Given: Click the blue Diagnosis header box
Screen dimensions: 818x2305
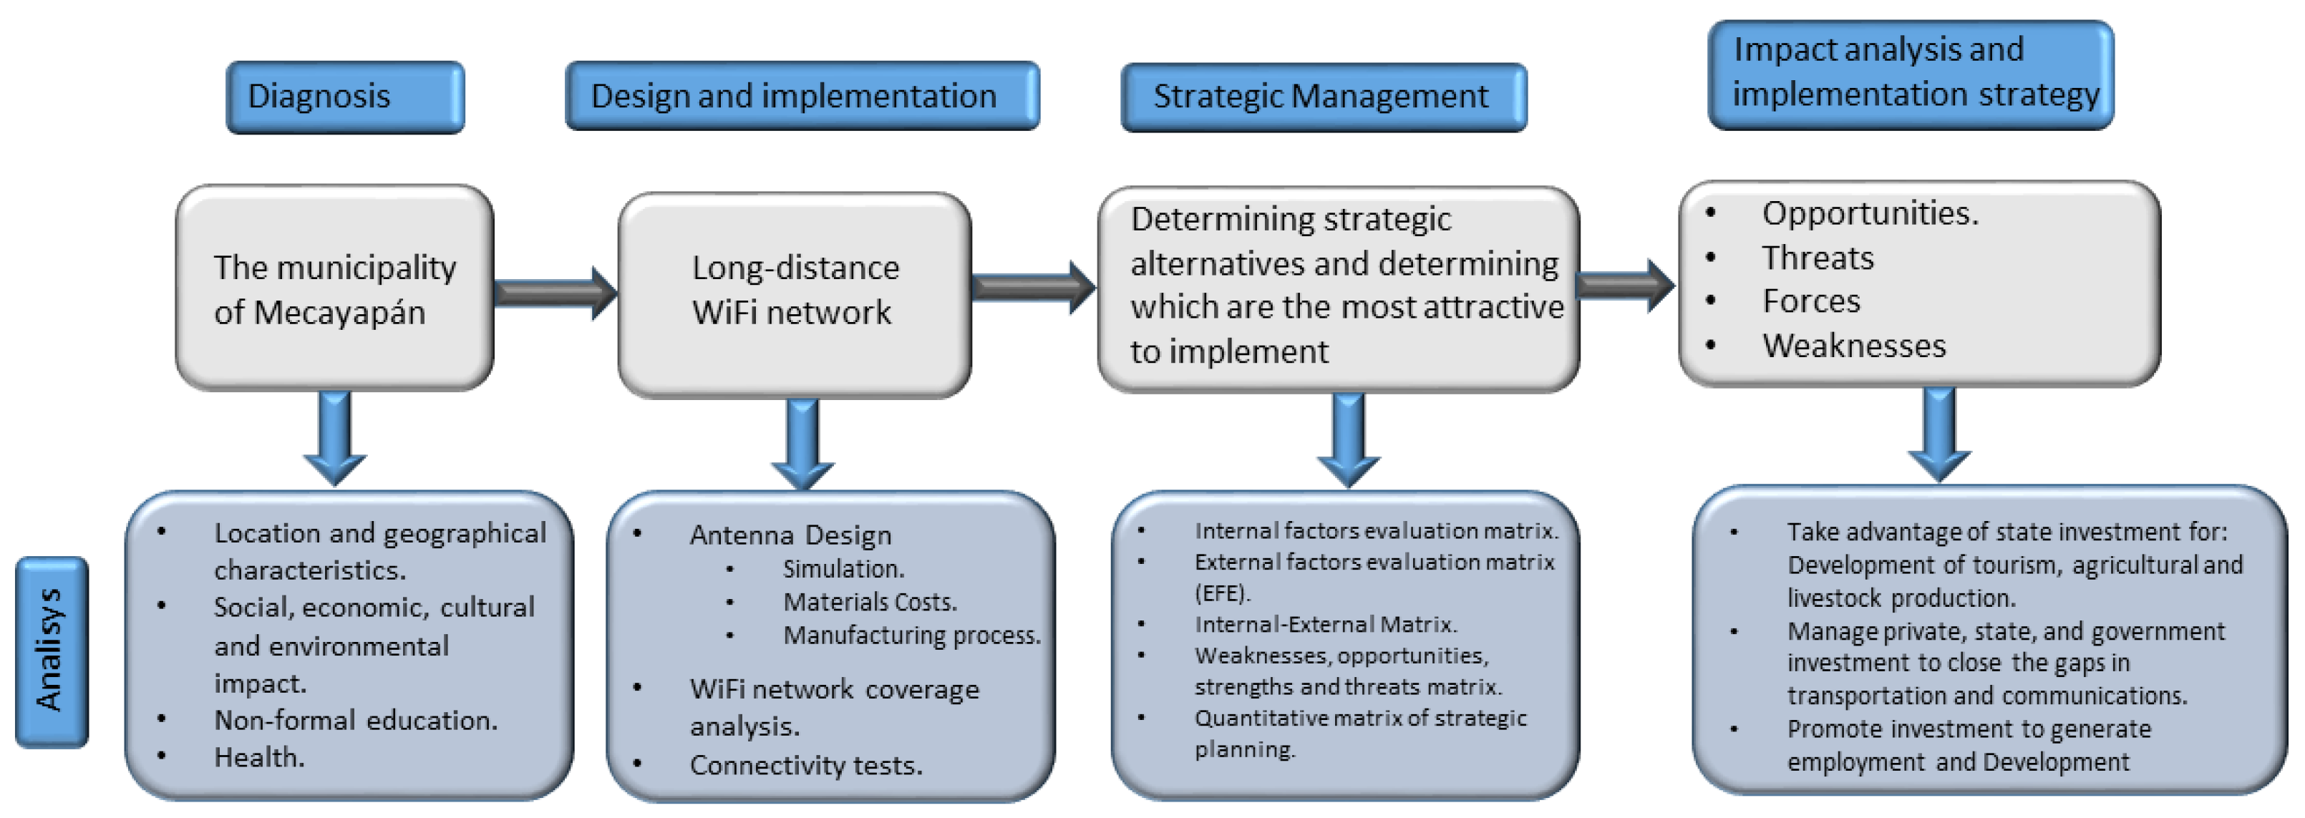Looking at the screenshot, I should (x=344, y=97).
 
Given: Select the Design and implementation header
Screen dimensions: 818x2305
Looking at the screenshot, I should (x=802, y=96).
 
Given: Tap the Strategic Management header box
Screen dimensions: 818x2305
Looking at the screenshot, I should (x=1323, y=97).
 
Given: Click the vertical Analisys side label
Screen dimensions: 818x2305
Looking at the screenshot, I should (x=52, y=651).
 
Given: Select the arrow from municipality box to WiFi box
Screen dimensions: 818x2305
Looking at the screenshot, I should (x=554, y=293).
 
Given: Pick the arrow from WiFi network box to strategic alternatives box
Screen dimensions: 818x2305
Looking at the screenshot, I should (x=1032, y=286).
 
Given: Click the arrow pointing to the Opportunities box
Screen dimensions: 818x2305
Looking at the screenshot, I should (x=1624, y=286).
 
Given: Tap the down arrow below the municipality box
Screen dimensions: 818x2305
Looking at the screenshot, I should (x=335, y=439).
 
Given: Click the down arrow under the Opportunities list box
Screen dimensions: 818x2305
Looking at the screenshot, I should (x=1938, y=434).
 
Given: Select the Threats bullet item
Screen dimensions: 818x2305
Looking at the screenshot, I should (x=1818, y=258).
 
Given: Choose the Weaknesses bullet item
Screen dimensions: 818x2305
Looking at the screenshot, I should (x=1853, y=346).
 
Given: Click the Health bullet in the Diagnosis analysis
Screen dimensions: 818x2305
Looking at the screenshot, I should (x=259, y=757).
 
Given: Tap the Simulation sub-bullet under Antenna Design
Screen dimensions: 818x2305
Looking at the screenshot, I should (x=843, y=568).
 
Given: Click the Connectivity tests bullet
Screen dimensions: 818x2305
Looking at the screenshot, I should (x=805, y=765).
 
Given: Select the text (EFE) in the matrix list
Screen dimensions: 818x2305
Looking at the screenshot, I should (x=1221, y=593).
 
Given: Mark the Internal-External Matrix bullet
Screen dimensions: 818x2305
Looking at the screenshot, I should (x=1325, y=624).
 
